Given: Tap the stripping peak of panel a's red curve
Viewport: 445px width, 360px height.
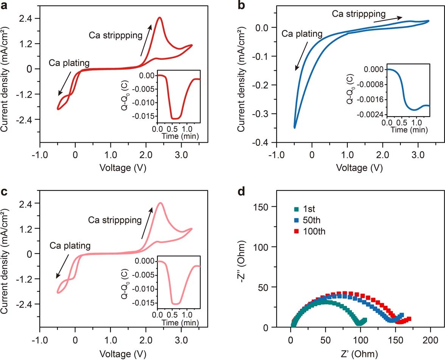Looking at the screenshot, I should click(x=160, y=18).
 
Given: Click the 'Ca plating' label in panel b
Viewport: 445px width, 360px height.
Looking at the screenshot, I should click(x=302, y=34).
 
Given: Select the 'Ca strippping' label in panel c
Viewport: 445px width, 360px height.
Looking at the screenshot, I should click(x=115, y=220).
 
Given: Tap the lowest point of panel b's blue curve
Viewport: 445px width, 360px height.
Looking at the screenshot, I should click(x=295, y=128).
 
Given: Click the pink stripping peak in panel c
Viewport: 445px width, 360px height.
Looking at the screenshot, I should click(x=161, y=203).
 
